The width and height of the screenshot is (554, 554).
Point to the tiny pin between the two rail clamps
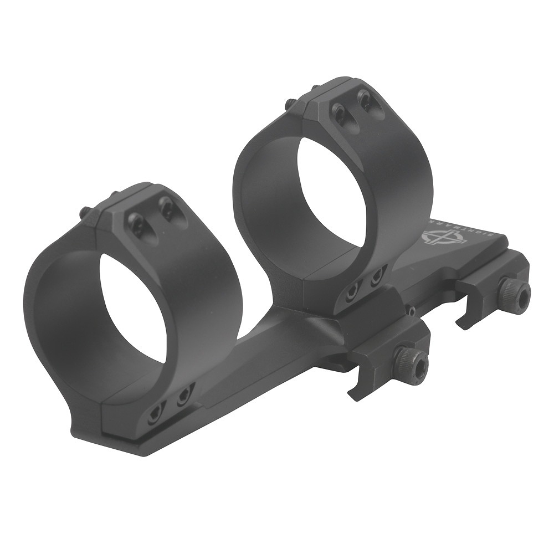(x=413, y=311)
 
